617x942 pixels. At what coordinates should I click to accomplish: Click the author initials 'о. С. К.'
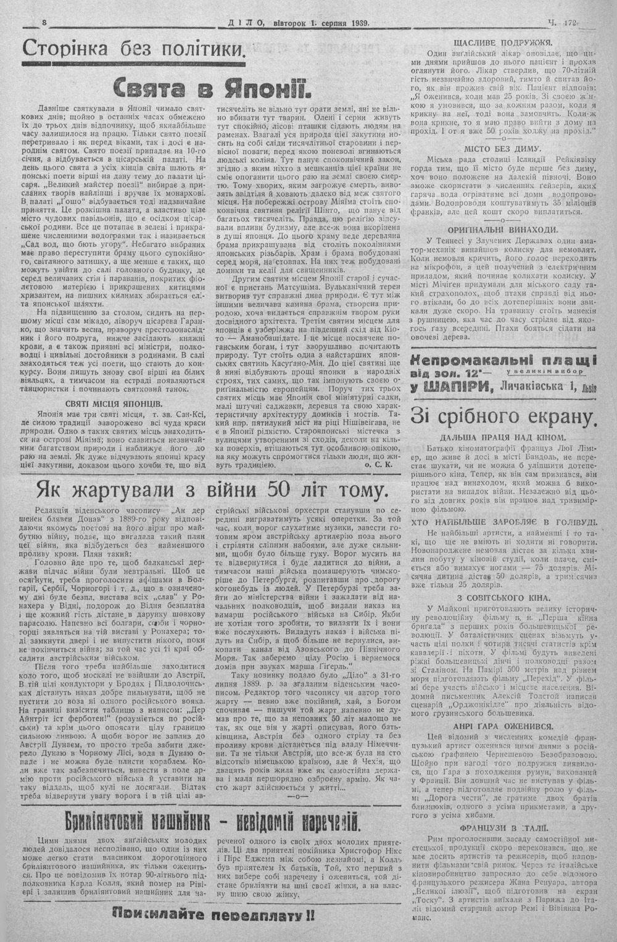[379, 466]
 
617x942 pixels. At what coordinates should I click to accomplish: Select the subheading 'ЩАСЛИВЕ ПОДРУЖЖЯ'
[502, 43]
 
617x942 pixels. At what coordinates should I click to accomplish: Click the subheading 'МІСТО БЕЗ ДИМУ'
[502, 149]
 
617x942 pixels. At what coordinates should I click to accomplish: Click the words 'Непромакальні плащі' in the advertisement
[503, 362]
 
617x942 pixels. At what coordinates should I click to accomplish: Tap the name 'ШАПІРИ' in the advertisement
[449, 387]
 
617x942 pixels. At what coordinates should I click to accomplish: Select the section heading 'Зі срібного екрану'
[503, 418]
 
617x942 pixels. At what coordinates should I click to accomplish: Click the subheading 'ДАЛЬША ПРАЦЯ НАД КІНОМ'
[502, 437]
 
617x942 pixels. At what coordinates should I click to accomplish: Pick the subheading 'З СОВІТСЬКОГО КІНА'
[502, 598]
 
